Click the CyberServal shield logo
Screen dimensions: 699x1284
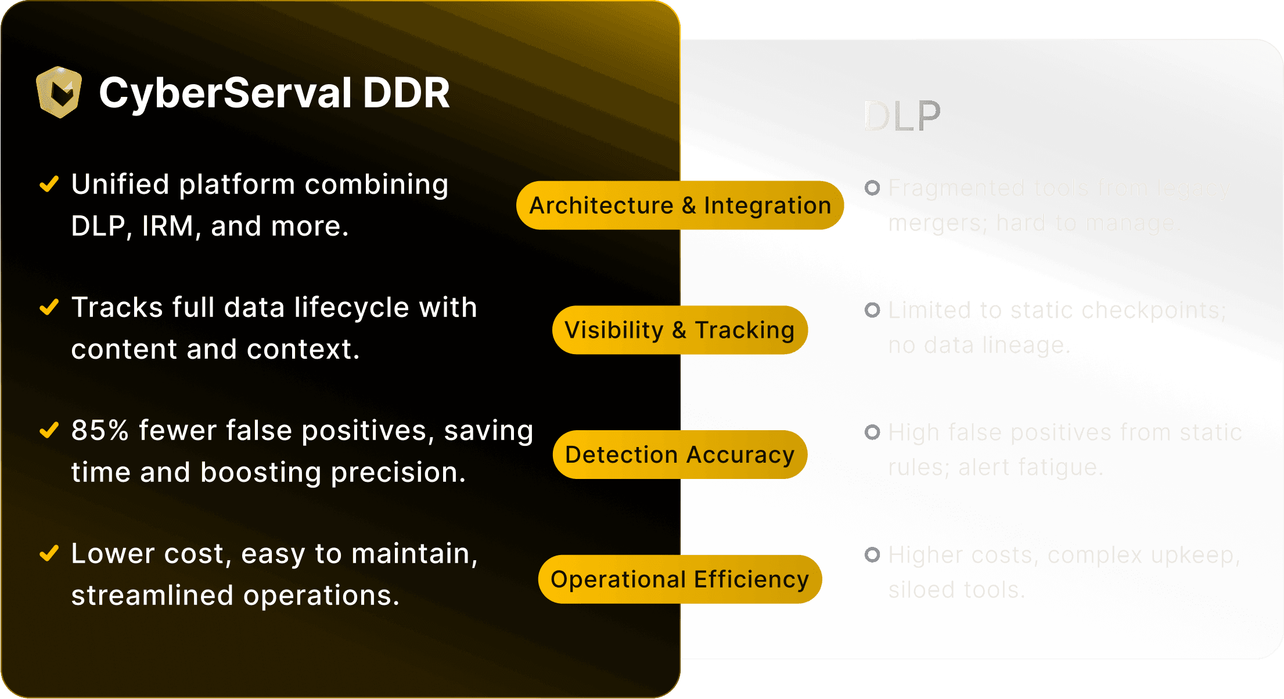59,92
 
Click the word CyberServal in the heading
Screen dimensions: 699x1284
225,93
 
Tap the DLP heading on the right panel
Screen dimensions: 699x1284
901,117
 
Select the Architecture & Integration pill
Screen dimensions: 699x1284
680,206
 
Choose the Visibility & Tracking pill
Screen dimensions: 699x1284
679,330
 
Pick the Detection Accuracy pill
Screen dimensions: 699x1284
679,455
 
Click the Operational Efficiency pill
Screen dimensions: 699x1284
679,579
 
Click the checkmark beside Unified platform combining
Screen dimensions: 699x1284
49,184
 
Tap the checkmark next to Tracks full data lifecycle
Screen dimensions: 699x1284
49,307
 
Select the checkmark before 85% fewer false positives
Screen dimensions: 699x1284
49,430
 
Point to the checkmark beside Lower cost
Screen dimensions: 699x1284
49,553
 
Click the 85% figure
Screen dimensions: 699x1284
100,431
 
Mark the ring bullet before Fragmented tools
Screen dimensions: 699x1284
872,188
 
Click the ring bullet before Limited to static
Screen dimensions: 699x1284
872,310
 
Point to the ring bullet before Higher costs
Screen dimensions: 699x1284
872,555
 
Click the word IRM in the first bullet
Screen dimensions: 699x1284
167,226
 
